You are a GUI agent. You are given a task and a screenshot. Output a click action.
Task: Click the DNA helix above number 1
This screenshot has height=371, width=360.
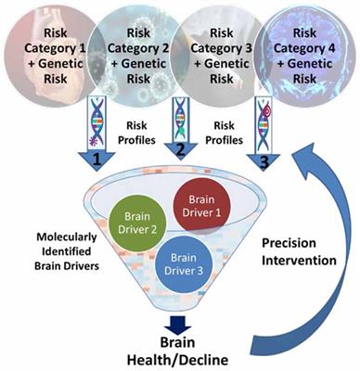click(x=96, y=121)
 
